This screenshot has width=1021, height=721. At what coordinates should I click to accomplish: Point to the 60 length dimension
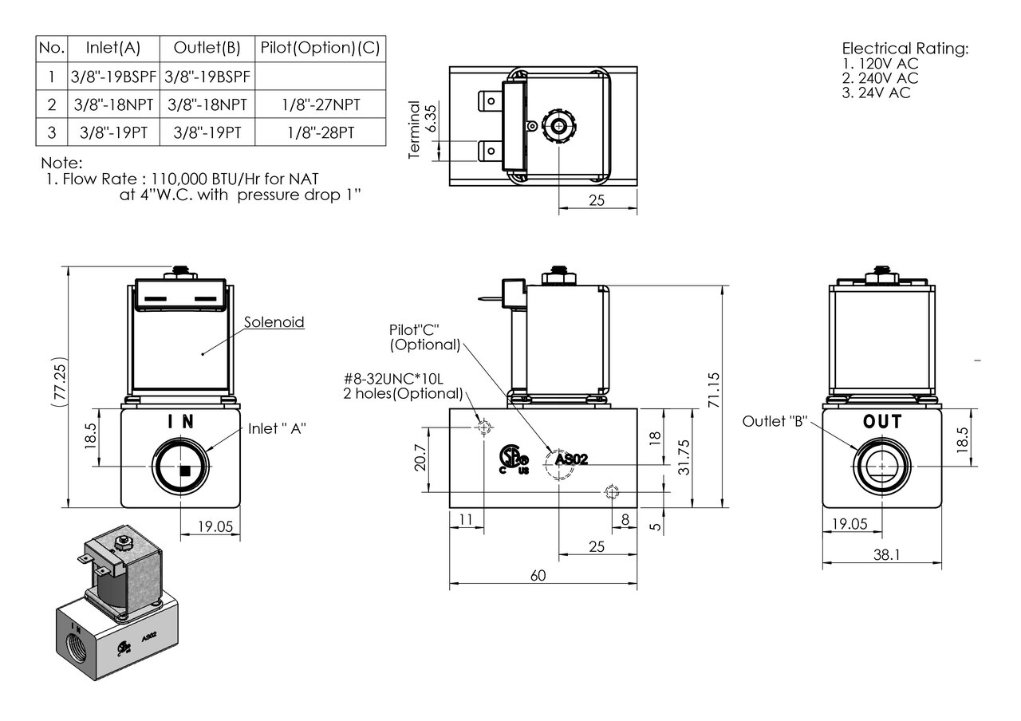(538, 577)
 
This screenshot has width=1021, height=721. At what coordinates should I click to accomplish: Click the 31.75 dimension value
(684, 456)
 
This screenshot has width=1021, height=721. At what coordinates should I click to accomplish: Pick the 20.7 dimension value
(420, 459)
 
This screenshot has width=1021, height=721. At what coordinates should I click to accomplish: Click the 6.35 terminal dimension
(432, 117)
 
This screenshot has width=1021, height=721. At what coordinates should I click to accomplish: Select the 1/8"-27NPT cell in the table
(320, 104)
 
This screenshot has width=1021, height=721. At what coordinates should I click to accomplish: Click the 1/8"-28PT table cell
(320, 132)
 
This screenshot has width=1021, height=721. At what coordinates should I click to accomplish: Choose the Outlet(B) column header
(207, 49)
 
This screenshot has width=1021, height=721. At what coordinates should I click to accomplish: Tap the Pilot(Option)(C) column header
(320, 49)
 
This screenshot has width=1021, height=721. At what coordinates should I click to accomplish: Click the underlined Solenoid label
(274, 322)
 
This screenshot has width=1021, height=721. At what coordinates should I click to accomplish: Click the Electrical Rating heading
(905, 49)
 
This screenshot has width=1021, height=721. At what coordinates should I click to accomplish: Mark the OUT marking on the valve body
(882, 421)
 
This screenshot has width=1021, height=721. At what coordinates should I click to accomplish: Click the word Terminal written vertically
(414, 130)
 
